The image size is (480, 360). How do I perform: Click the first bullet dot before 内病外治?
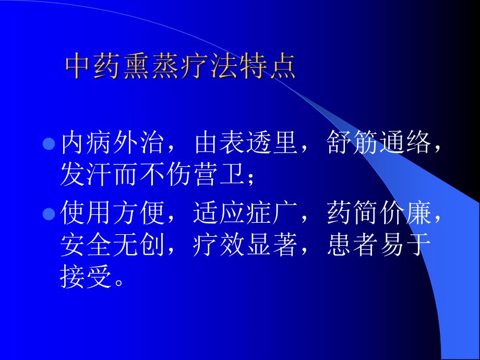pyautogui.click(x=48, y=144)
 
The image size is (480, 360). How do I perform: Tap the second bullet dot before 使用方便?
pyautogui.click(x=48, y=213)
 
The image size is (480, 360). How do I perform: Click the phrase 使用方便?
pyautogui.click(x=112, y=213)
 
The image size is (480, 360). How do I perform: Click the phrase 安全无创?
pyautogui.click(x=112, y=245)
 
